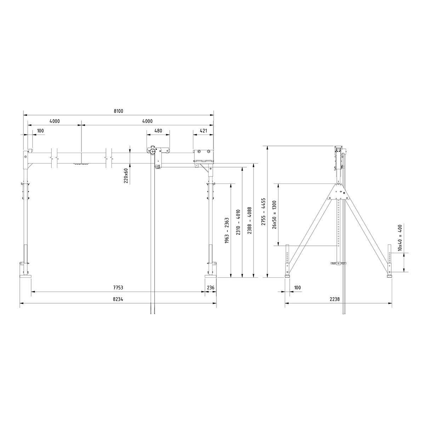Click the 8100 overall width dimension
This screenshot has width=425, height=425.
(118, 111)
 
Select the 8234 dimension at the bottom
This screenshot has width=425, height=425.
(118, 299)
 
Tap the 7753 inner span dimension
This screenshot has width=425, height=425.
(118, 288)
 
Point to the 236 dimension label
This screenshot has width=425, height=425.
(210, 288)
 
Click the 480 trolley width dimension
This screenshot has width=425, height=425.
(158, 131)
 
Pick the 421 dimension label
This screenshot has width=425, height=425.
(203, 131)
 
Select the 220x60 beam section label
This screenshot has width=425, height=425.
(126, 175)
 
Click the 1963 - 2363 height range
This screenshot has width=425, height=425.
(227, 229)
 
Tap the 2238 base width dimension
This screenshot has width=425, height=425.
(334, 299)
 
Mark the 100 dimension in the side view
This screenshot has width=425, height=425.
(297, 288)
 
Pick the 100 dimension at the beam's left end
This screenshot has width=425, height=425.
(40, 131)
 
